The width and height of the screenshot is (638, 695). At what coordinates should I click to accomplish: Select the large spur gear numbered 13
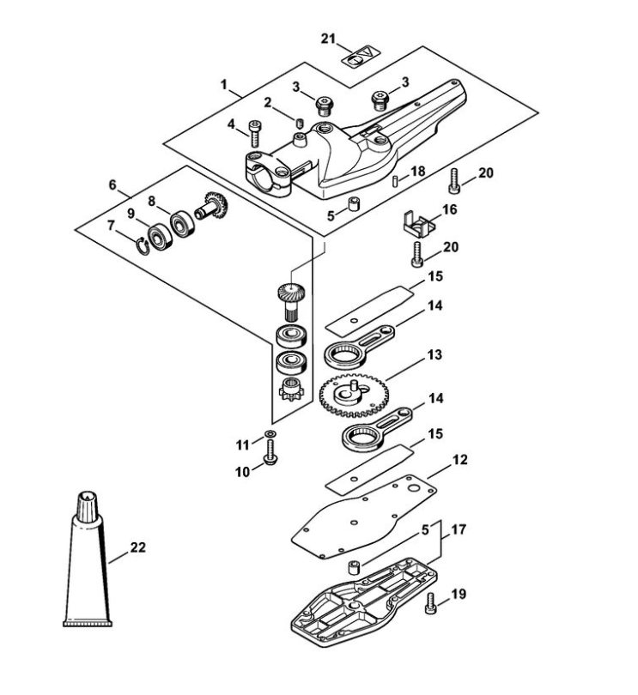point(353,393)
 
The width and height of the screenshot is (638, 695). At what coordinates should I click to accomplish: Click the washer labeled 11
point(270,433)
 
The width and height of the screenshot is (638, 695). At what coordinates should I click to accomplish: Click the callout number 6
point(112,184)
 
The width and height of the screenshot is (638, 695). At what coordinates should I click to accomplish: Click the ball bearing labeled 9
point(160,234)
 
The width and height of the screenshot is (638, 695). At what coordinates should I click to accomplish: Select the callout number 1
point(224,85)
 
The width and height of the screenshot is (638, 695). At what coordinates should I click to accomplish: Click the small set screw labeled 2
point(301,121)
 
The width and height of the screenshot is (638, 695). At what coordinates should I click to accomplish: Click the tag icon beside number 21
point(360,57)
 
